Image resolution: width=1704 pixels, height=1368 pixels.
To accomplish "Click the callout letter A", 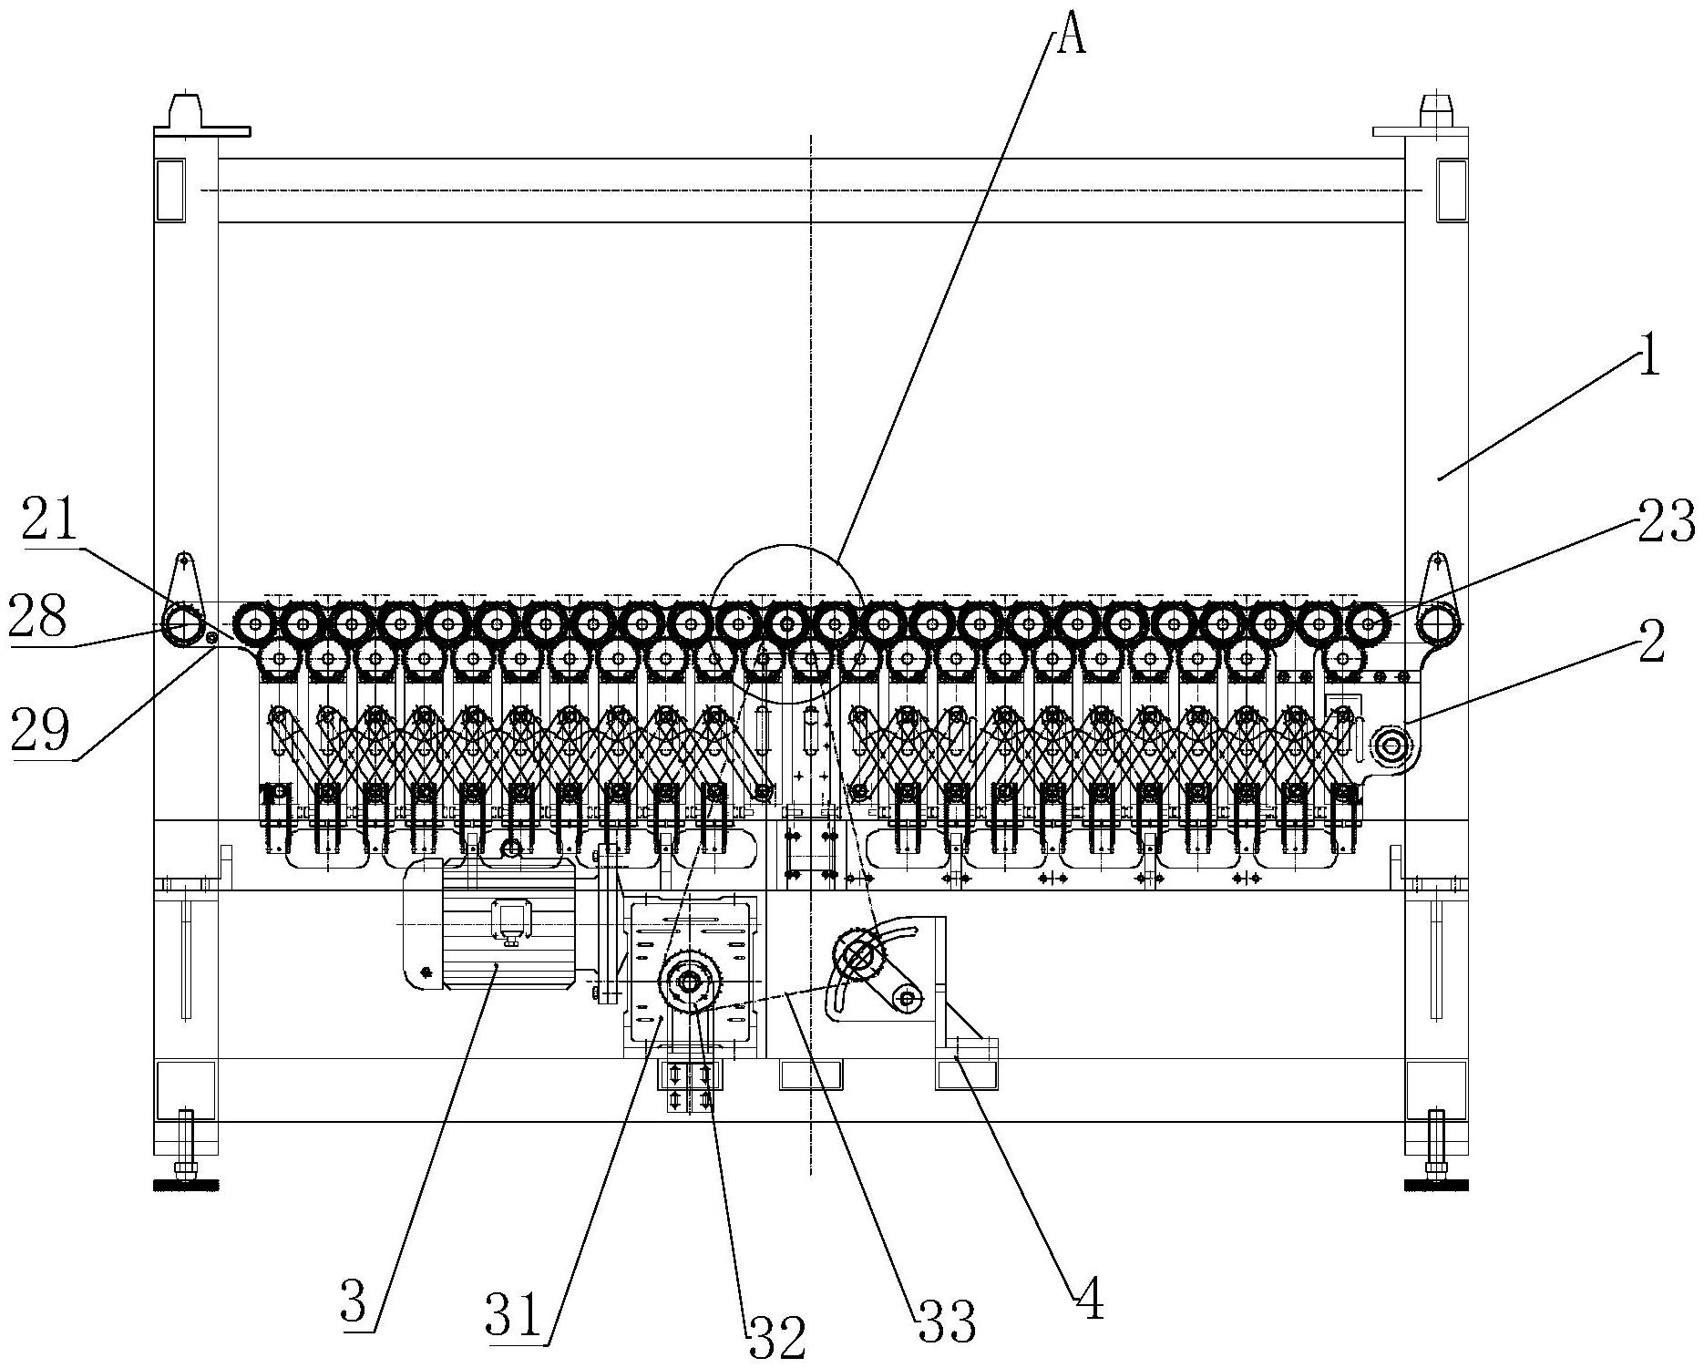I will pyautogui.click(x=1071, y=38).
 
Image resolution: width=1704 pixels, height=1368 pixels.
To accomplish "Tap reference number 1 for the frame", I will pyautogui.click(x=1648, y=358).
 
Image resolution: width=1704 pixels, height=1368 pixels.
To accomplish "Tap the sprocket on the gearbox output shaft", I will pyautogui.click(x=687, y=982).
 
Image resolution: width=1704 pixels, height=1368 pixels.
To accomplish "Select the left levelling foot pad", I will pyautogui.click(x=186, y=1185).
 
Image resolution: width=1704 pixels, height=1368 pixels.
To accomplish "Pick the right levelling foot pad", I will pyautogui.click(x=1436, y=1185).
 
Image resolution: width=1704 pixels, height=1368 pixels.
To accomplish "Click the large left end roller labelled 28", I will pyautogui.click(x=182, y=624).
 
